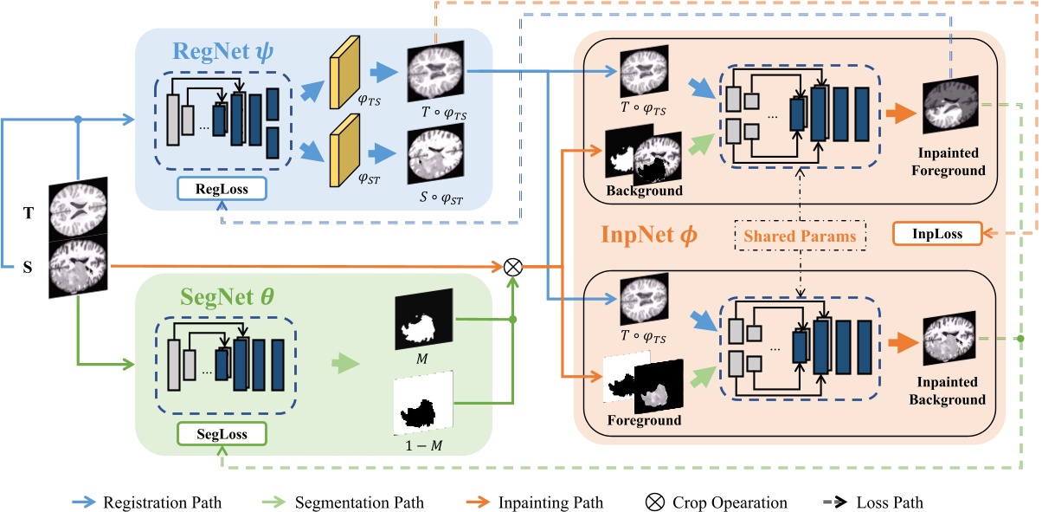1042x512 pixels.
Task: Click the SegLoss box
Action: coord(222,433)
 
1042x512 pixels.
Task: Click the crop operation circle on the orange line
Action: coord(513,266)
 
